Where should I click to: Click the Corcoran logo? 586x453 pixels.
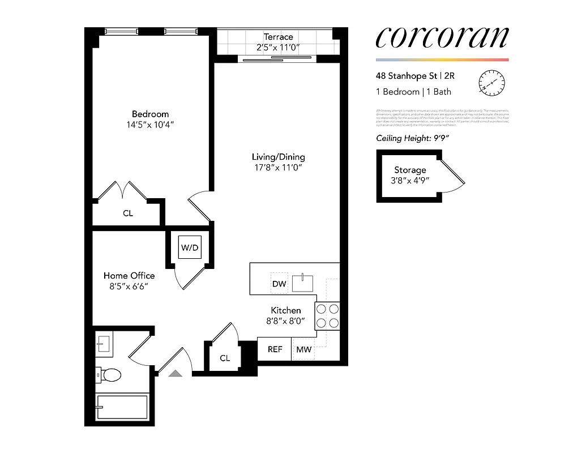pos(442,37)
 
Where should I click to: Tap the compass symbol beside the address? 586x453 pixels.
pos(491,83)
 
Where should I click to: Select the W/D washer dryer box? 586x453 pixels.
pos(190,247)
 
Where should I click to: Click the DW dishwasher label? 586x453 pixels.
pos(279,284)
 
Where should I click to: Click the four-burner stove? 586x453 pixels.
pos(327,317)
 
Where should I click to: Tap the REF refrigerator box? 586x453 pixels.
pos(275,349)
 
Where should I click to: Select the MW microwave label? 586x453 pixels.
pos(304,349)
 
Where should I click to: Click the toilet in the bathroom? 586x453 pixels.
pos(109,374)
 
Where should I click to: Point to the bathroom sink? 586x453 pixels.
pos(104,343)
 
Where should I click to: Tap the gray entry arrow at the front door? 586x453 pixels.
pos(176,373)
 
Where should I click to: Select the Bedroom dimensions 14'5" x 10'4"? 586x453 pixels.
pos(150,125)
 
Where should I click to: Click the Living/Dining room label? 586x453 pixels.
pos(278,157)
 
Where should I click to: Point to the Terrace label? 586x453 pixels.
pos(278,37)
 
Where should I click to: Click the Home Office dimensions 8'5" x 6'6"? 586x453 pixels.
pos(129,287)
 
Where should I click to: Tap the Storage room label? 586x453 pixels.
pos(410,170)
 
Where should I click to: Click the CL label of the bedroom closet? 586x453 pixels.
pos(128,213)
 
